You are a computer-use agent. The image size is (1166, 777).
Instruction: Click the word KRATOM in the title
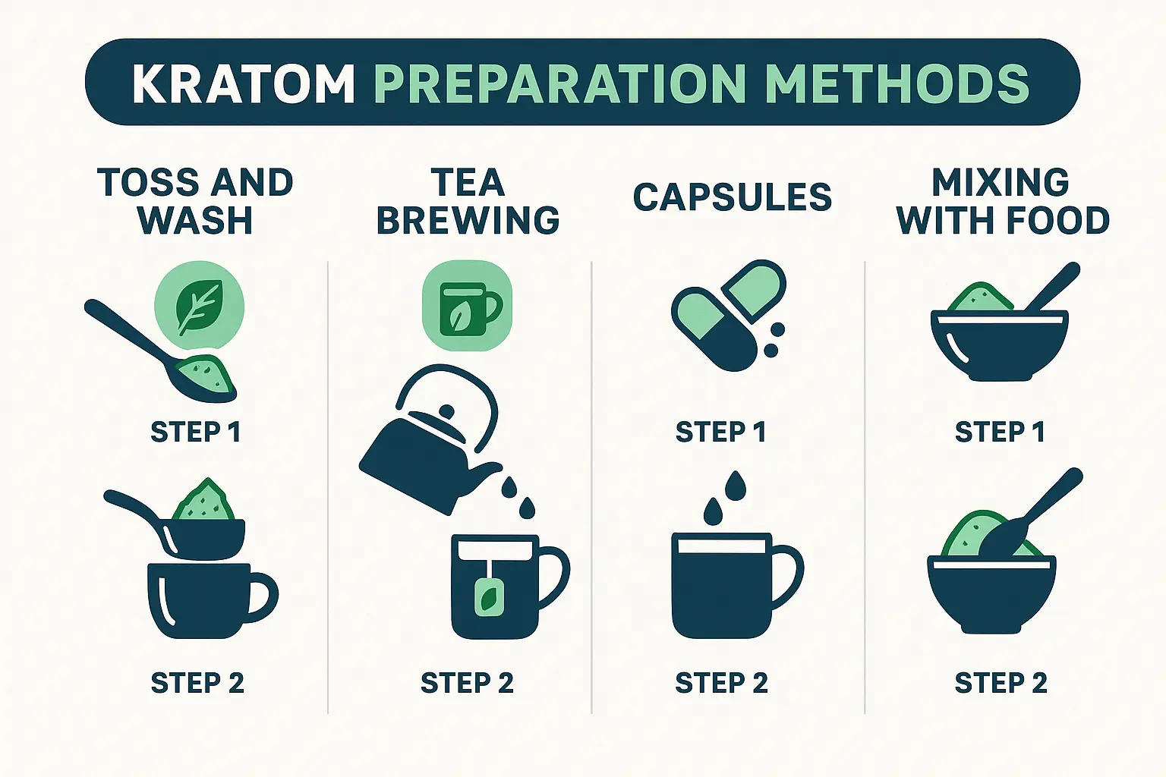[x=244, y=84]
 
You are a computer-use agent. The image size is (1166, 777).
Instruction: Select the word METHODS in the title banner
[x=897, y=84]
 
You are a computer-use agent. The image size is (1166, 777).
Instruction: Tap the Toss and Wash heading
[x=196, y=201]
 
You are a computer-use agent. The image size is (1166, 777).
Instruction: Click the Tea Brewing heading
[x=468, y=201]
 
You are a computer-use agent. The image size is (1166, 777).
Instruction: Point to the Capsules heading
[x=733, y=197]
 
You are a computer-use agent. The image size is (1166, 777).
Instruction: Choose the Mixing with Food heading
[x=1002, y=201]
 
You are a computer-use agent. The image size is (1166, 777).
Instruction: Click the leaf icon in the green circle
[x=200, y=307]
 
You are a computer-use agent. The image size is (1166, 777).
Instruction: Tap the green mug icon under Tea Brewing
[x=467, y=306]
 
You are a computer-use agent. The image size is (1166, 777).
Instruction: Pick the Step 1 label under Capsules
[x=720, y=432]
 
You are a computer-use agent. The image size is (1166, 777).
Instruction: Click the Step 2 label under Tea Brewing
[x=467, y=683]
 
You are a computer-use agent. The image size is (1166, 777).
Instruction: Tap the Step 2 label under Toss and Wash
[x=197, y=683]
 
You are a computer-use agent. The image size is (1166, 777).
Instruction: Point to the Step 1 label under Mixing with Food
[x=1000, y=432]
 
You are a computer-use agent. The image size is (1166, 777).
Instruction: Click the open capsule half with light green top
[x=753, y=291]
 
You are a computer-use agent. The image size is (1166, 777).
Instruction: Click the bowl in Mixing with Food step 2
[x=991, y=594]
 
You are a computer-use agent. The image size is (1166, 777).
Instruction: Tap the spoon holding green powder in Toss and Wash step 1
[x=162, y=351]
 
